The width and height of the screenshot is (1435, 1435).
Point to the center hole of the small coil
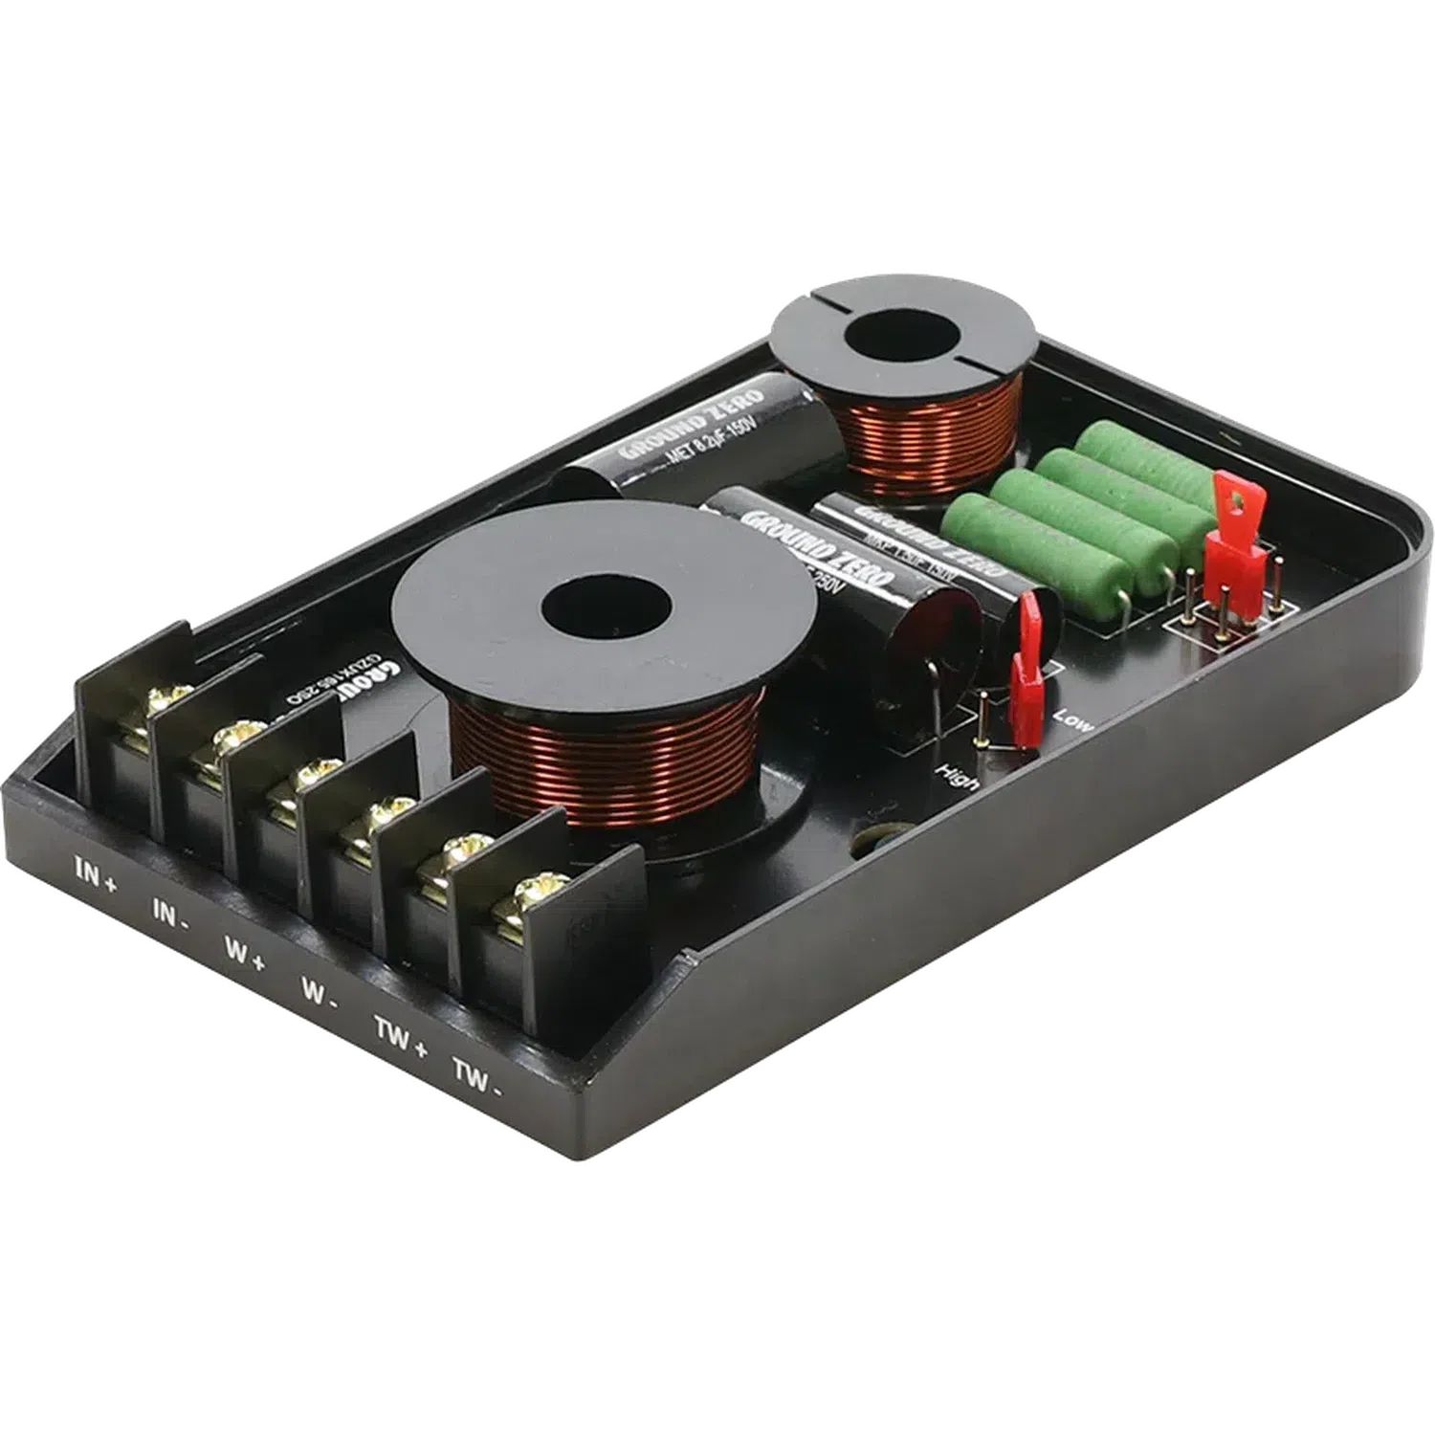[x=902, y=342]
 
